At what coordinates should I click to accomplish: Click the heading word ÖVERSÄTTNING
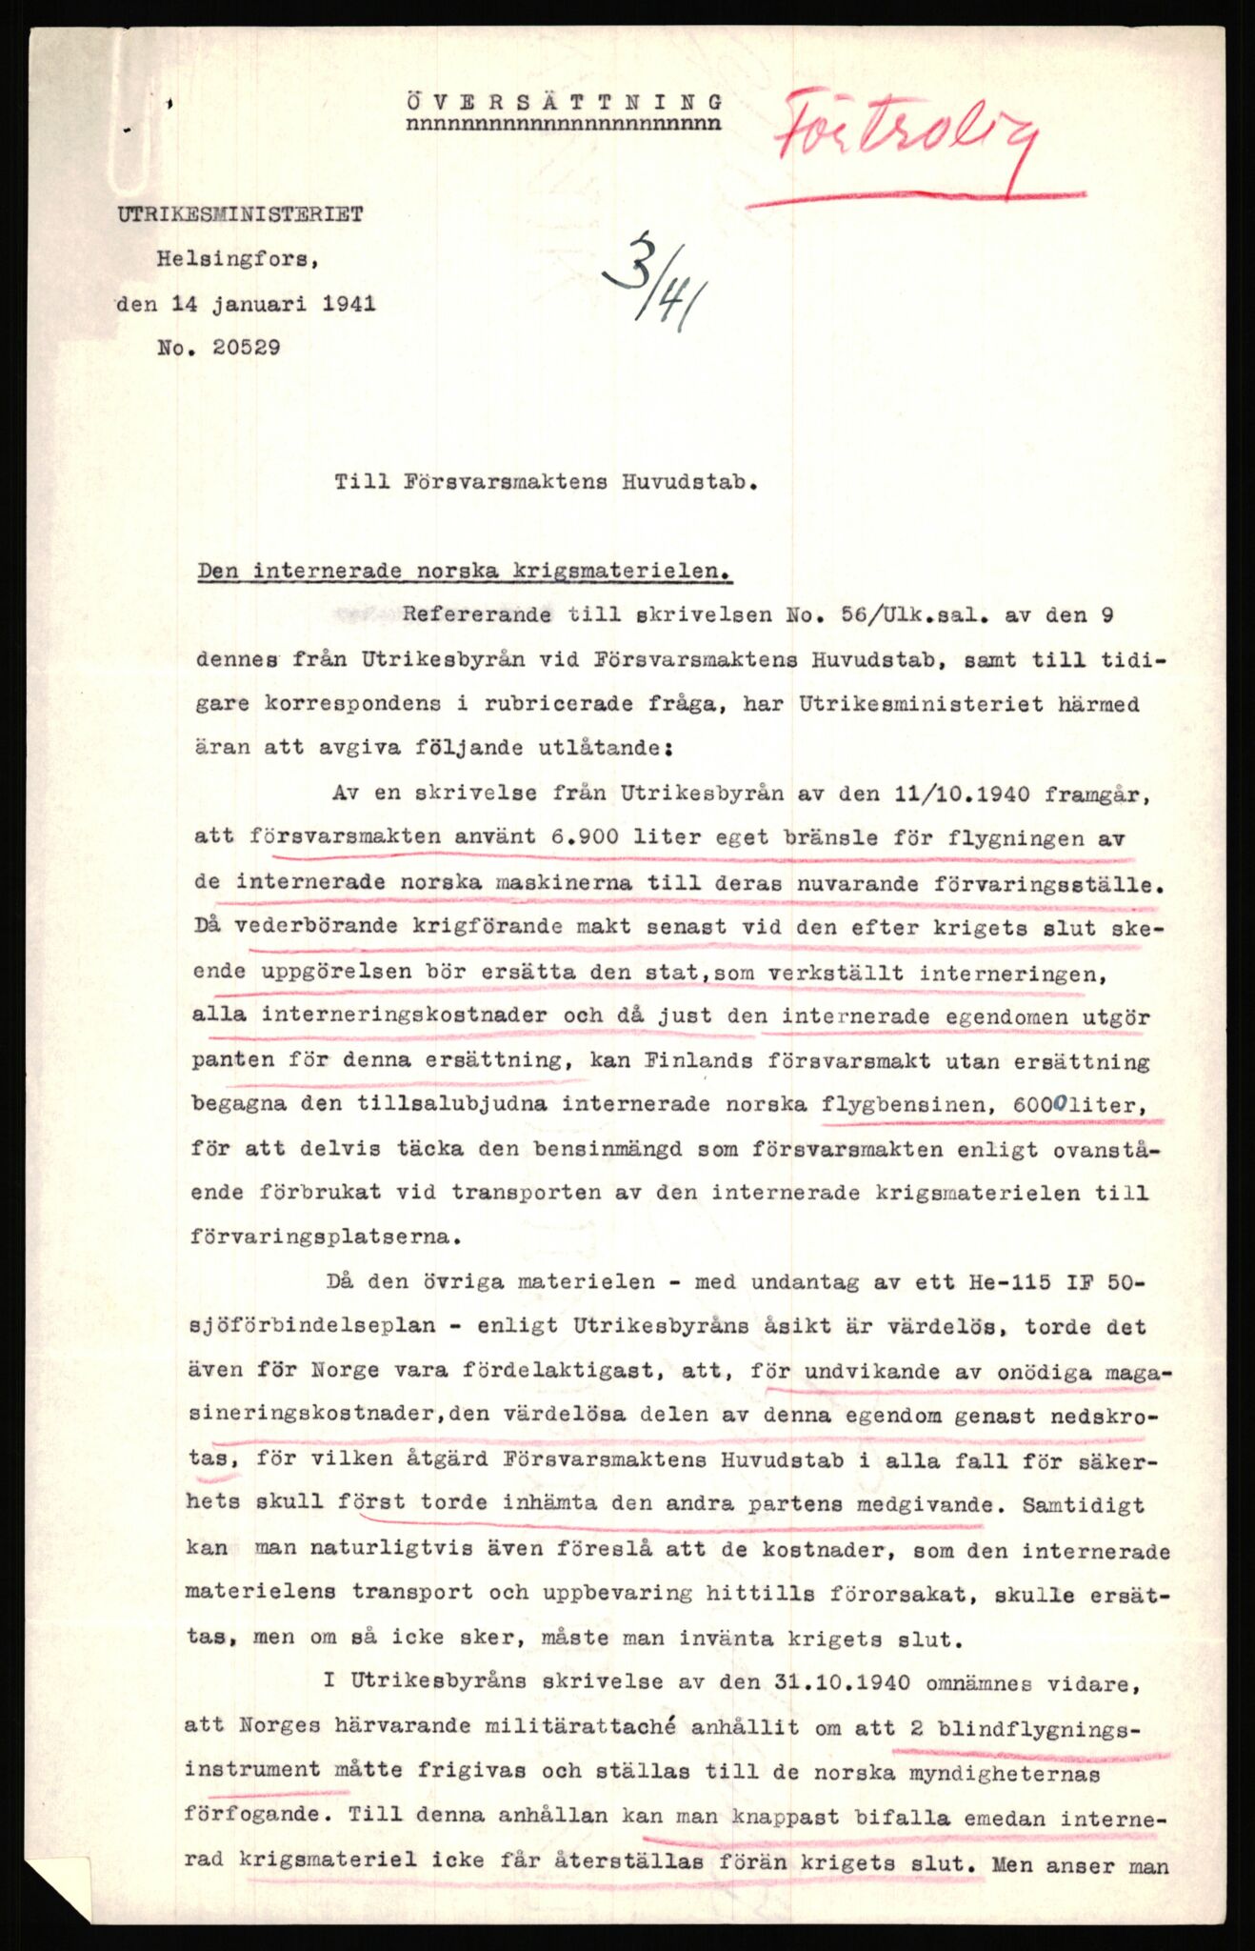tap(564, 101)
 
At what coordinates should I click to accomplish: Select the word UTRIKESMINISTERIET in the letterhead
tap(240, 215)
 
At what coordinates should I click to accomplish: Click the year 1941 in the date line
tap(349, 304)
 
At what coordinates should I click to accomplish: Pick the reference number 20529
tap(246, 348)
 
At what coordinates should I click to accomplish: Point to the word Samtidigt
tap(1083, 1505)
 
